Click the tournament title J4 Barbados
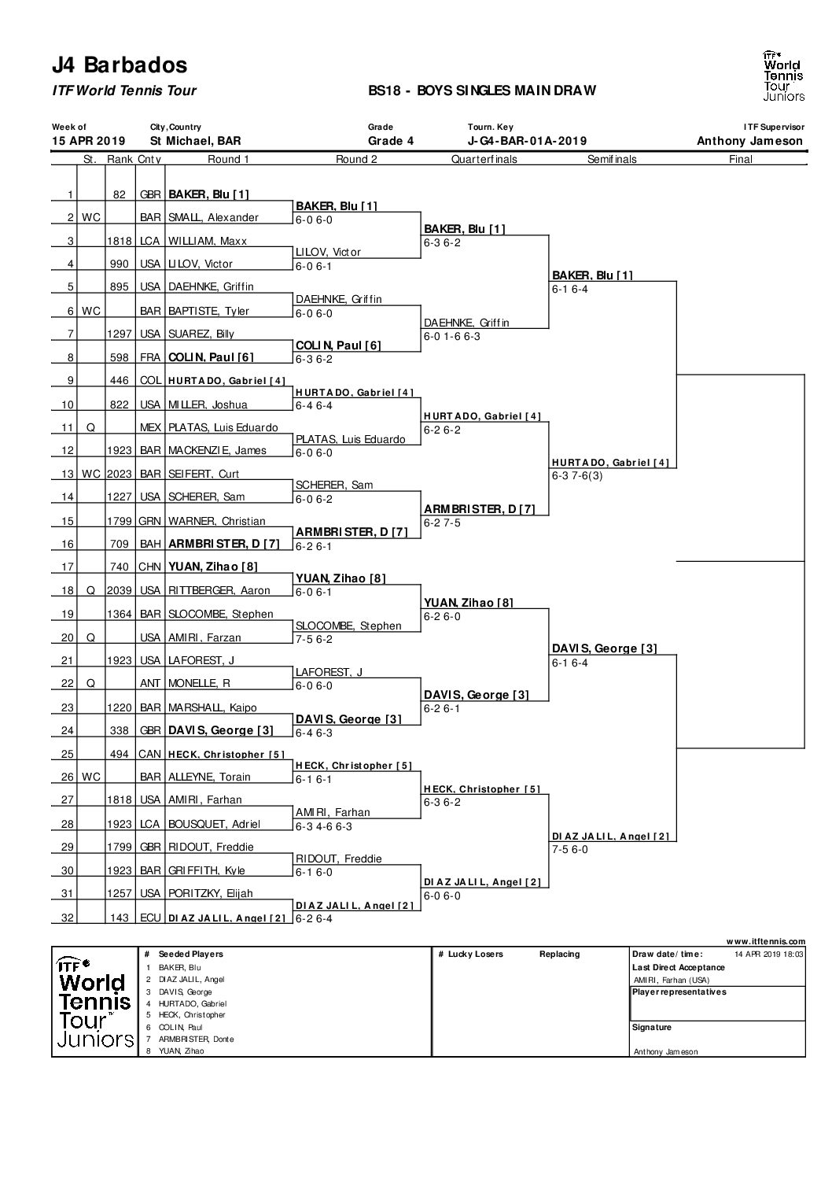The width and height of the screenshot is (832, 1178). point(120,65)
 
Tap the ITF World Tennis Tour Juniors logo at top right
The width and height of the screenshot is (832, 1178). point(784,76)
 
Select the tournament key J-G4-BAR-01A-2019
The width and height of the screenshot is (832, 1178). point(527,141)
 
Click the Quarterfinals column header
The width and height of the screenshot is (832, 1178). point(484,159)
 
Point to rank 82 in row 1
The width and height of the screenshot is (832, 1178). point(120,194)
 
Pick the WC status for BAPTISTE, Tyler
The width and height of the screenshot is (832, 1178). point(91,312)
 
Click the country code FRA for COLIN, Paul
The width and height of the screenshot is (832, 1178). point(150,357)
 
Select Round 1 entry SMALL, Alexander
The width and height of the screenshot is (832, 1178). point(213,218)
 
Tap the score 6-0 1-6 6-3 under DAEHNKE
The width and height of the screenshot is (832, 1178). point(452,337)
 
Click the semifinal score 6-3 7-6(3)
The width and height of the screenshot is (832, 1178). point(577,476)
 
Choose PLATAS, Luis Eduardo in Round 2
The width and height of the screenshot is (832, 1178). point(351,440)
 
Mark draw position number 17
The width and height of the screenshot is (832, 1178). point(68,567)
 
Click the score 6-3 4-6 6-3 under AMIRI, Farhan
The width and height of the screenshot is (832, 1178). point(324,827)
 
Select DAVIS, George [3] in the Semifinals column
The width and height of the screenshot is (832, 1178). point(605,648)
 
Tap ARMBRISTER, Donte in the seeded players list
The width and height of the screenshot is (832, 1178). point(196,1040)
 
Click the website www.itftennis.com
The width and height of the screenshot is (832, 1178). point(766,941)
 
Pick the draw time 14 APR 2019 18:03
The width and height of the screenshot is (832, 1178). point(769,955)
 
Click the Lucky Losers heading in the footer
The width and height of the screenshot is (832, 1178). point(475,954)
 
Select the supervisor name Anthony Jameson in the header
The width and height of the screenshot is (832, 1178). point(750,141)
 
